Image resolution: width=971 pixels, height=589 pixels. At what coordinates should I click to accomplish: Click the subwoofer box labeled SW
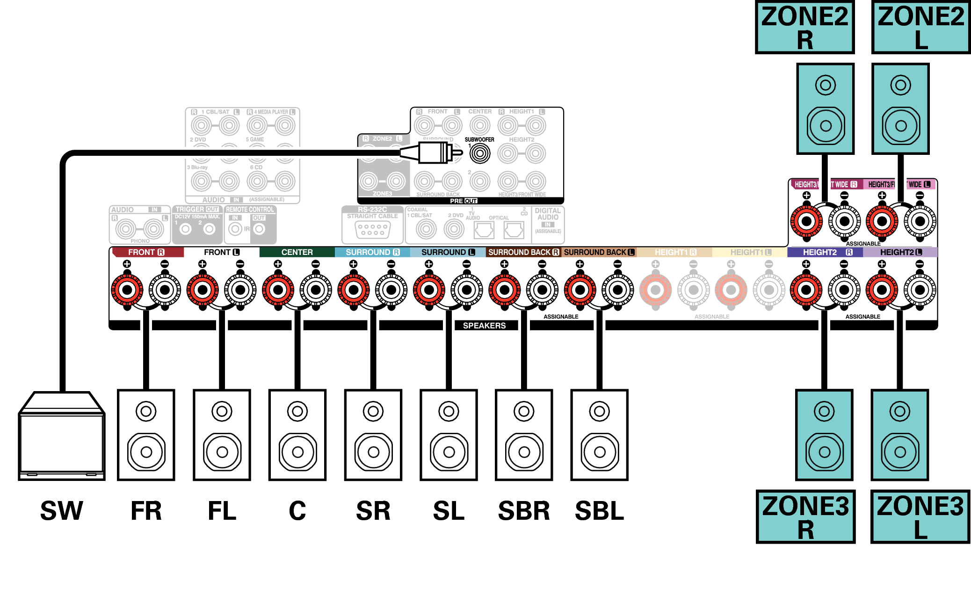(62, 437)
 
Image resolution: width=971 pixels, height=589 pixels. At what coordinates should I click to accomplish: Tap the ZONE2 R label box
(804, 27)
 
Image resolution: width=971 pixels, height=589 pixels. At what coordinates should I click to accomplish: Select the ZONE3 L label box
(920, 516)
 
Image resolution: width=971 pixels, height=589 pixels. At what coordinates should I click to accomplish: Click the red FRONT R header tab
(146, 252)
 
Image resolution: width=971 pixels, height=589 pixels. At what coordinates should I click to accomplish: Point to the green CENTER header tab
(297, 252)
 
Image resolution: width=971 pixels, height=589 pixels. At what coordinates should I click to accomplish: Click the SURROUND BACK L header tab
(599, 252)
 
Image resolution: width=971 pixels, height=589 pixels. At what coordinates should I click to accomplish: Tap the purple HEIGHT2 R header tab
(825, 252)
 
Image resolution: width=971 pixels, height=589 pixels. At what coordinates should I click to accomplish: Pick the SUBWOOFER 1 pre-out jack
(479, 153)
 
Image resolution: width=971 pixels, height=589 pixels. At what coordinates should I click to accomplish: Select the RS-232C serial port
(372, 229)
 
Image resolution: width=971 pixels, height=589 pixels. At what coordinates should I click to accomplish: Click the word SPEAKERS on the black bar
(484, 326)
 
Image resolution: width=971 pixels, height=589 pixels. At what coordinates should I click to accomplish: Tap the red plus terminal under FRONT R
(127, 290)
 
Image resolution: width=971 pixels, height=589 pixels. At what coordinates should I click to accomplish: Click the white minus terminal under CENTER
(316, 290)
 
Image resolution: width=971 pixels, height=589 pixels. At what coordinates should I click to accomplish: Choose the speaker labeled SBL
(599, 435)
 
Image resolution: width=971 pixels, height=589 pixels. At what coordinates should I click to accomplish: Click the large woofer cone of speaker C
(297, 452)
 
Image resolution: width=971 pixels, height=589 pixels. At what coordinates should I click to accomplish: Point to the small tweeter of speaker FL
(222, 411)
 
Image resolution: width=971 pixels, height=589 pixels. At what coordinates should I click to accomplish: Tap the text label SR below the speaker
(373, 510)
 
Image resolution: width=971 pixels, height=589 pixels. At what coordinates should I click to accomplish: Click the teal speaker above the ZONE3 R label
(824, 435)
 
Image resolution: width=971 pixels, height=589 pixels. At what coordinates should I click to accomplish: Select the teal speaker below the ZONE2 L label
(900, 109)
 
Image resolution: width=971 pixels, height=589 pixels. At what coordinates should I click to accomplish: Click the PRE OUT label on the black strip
(463, 201)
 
